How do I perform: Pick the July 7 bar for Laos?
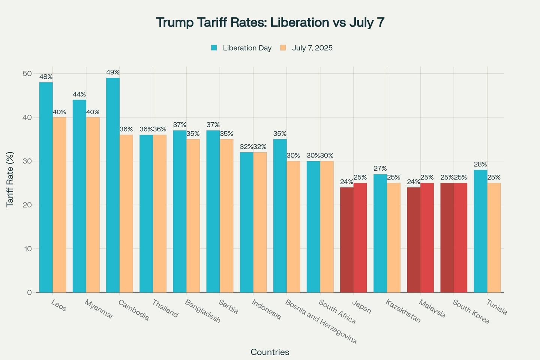coord(59,205)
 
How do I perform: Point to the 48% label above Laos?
coord(46,77)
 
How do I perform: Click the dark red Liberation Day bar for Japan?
coord(347,240)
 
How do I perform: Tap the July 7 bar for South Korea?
coord(460,238)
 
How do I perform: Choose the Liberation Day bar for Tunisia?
coord(480,231)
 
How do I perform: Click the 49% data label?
coord(113,72)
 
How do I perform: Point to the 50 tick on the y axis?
coord(27,73)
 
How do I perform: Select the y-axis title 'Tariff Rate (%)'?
coord(10,179)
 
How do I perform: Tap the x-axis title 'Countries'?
coord(270,352)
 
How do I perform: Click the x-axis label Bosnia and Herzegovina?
coord(321,321)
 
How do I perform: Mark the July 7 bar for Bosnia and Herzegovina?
coord(293,227)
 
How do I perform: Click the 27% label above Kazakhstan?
coord(380,169)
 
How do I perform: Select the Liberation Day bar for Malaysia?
coord(414,240)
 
